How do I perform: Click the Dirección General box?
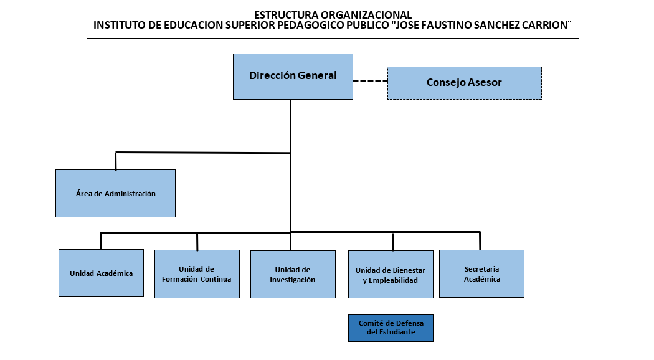[x=293, y=77]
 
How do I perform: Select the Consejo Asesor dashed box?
[x=465, y=83]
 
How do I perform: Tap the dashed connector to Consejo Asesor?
[x=371, y=82]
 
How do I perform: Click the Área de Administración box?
[x=115, y=193]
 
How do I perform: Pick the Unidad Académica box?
[x=101, y=273]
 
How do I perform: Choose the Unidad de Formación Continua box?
[x=197, y=274]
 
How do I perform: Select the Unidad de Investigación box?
[x=293, y=275]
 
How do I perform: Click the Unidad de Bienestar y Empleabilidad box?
[x=391, y=275]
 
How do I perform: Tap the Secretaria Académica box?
[x=481, y=273]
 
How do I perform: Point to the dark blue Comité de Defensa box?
[x=391, y=328]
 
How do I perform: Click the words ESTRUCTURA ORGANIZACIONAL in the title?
[x=333, y=15]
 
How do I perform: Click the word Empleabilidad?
[x=393, y=280]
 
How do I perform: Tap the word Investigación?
[x=292, y=280]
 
